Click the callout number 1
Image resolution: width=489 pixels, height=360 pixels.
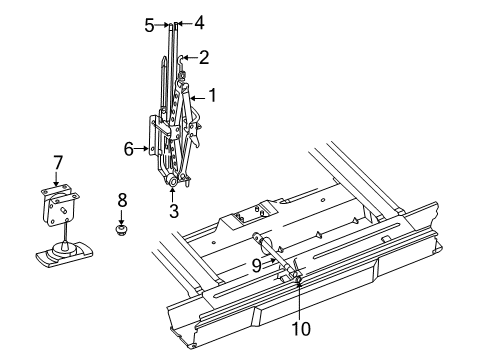coord(211,97)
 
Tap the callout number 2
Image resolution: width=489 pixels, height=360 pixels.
coord(203,57)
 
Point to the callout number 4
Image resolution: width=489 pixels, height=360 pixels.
coord(199,21)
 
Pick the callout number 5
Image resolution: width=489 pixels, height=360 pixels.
coord(149,25)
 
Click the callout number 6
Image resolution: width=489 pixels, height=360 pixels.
coord(128,148)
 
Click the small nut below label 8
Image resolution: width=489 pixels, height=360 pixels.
coord(121,232)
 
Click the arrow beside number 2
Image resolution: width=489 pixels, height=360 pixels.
coord(189,58)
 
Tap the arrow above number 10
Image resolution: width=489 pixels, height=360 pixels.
coord(299,305)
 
